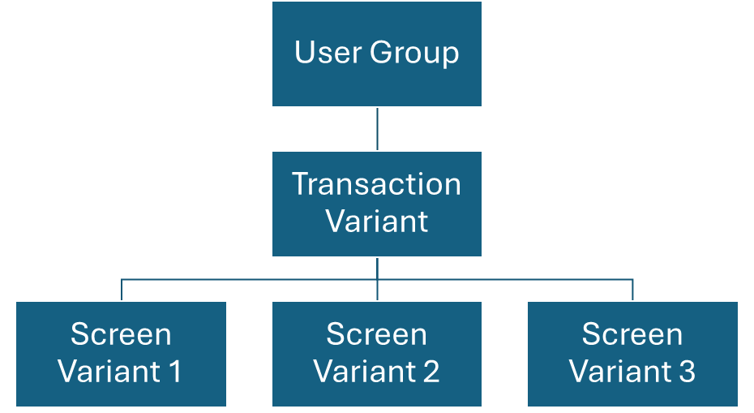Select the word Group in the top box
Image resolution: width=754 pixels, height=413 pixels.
[x=414, y=54]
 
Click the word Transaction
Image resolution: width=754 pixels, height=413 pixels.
[x=376, y=184]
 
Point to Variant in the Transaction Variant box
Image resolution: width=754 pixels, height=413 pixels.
[x=376, y=221]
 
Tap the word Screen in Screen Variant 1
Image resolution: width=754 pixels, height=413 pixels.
[x=121, y=334]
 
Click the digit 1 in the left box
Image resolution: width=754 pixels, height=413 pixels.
[x=174, y=372]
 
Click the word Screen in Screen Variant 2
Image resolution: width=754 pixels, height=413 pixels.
[x=376, y=334]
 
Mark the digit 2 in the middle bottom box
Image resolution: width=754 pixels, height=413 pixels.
[x=430, y=372]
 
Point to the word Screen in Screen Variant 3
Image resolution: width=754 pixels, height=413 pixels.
[x=632, y=334]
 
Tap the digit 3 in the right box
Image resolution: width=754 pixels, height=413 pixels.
[x=686, y=372]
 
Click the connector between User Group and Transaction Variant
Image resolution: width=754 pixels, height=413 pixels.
[x=377, y=129]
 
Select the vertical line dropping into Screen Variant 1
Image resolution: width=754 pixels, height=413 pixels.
[x=122, y=290]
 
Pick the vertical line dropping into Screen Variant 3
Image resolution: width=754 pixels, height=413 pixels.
[x=632, y=290]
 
